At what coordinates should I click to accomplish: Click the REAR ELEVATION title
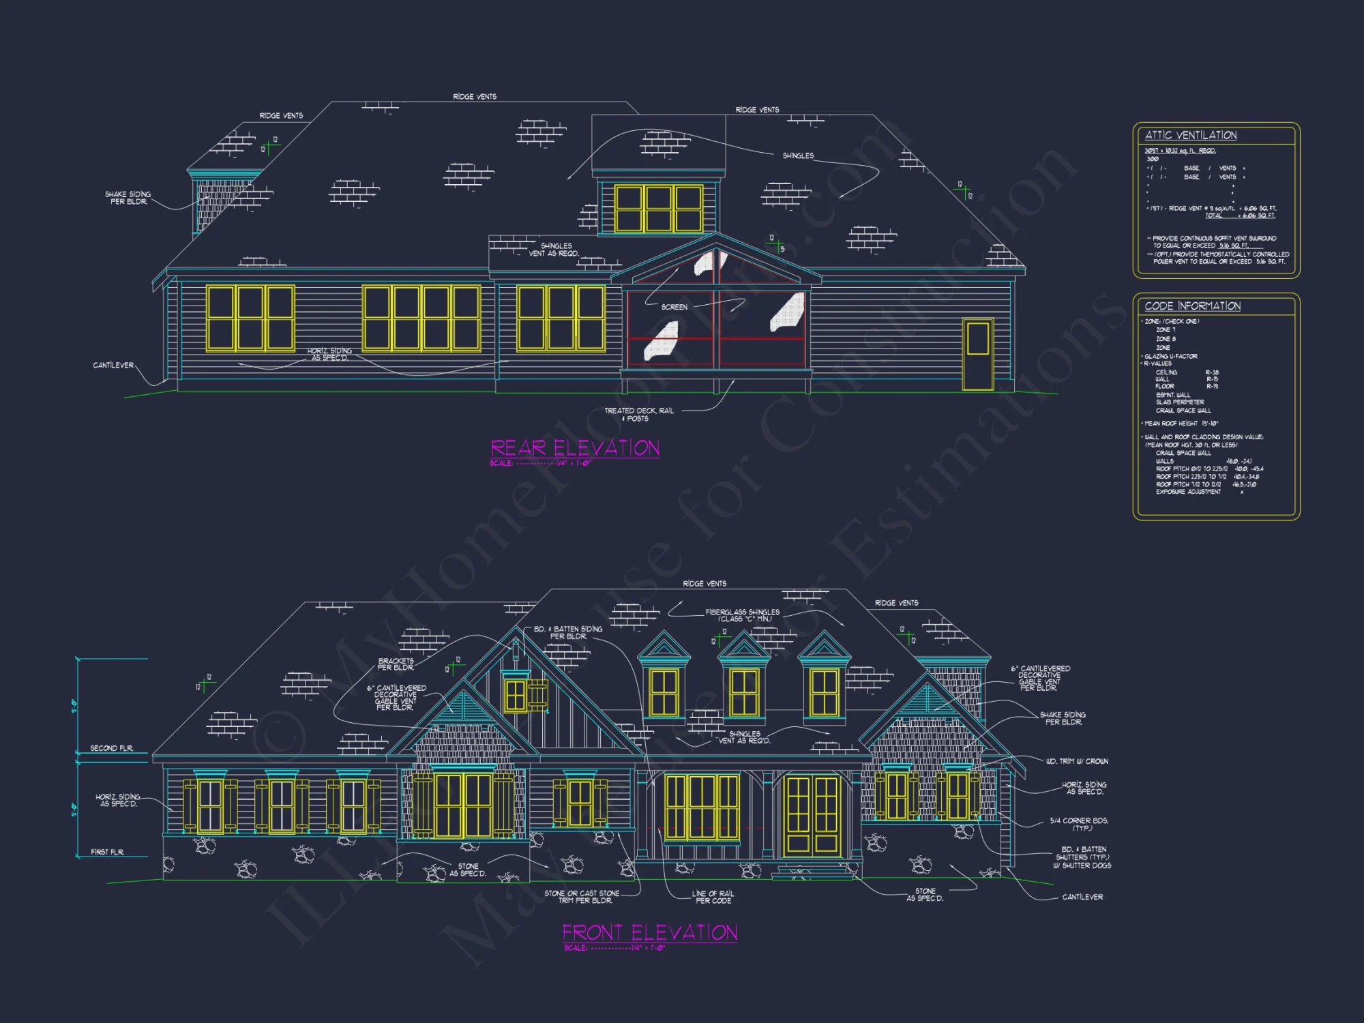click(x=575, y=448)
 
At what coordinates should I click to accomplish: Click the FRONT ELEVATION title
click(x=649, y=932)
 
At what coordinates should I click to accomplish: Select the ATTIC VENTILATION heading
click(x=1191, y=136)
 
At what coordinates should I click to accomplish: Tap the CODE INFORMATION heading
click(x=1193, y=306)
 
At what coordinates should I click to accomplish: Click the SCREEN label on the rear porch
click(x=674, y=308)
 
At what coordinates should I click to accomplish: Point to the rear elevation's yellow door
click(x=978, y=354)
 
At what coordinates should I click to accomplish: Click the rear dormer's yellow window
click(x=658, y=209)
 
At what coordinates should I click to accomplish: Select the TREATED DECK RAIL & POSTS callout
click(x=638, y=415)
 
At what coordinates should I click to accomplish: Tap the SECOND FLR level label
click(x=111, y=748)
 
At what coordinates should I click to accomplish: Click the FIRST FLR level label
click(x=108, y=852)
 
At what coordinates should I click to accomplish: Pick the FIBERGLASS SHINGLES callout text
click(x=743, y=615)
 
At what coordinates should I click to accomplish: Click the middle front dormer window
click(x=743, y=693)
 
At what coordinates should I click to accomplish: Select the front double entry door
click(x=812, y=815)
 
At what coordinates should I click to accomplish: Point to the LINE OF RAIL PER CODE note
click(x=713, y=897)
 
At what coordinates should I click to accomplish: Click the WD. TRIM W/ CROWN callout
click(x=1077, y=761)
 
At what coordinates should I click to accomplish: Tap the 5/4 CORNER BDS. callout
click(x=1079, y=824)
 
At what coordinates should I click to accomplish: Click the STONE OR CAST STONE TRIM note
click(x=582, y=897)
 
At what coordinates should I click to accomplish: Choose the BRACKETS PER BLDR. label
click(x=396, y=664)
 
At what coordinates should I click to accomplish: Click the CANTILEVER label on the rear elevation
click(x=113, y=366)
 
